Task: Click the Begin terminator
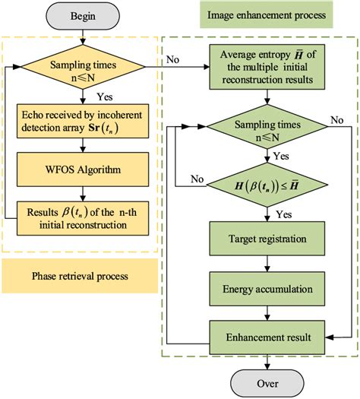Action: coord(82,14)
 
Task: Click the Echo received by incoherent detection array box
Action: coord(81,120)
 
